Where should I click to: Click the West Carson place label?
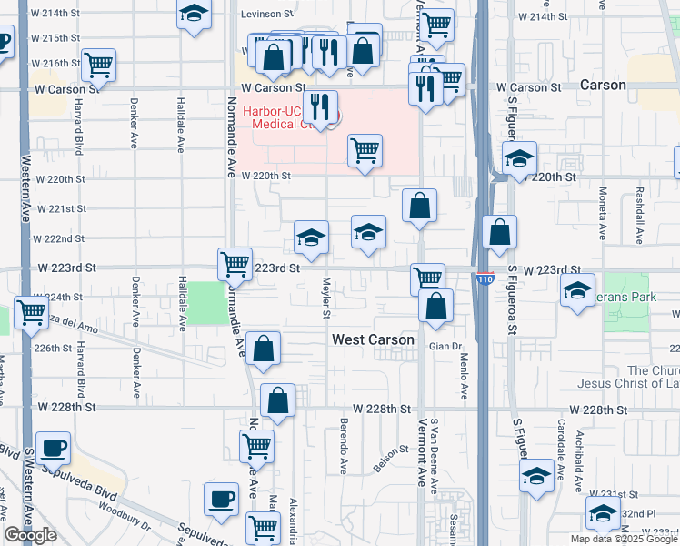[x=373, y=339]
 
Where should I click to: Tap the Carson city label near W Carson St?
[x=602, y=86]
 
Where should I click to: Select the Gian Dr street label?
[x=445, y=347]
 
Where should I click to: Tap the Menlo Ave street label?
[x=463, y=379]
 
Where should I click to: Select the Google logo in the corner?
[x=30, y=535]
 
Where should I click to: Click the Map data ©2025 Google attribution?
[x=624, y=539]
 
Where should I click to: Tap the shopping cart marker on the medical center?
[x=365, y=150]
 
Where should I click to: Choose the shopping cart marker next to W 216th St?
[x=98, y=65]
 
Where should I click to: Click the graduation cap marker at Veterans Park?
[x=577, y=290]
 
